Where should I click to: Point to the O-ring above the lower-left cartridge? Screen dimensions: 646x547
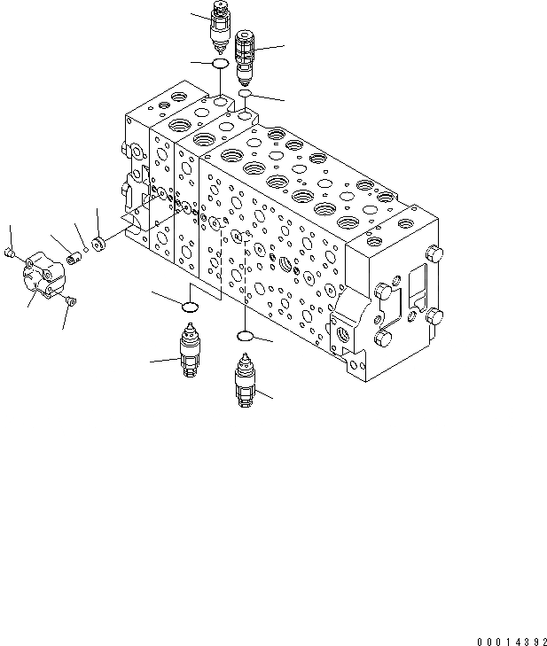190,307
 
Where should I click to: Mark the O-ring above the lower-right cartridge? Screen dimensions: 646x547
246,336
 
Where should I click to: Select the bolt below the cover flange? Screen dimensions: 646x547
71,304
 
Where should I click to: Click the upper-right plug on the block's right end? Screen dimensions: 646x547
434,255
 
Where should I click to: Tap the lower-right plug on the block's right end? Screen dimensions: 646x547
434,316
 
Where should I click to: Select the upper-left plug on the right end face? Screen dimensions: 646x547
384,291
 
